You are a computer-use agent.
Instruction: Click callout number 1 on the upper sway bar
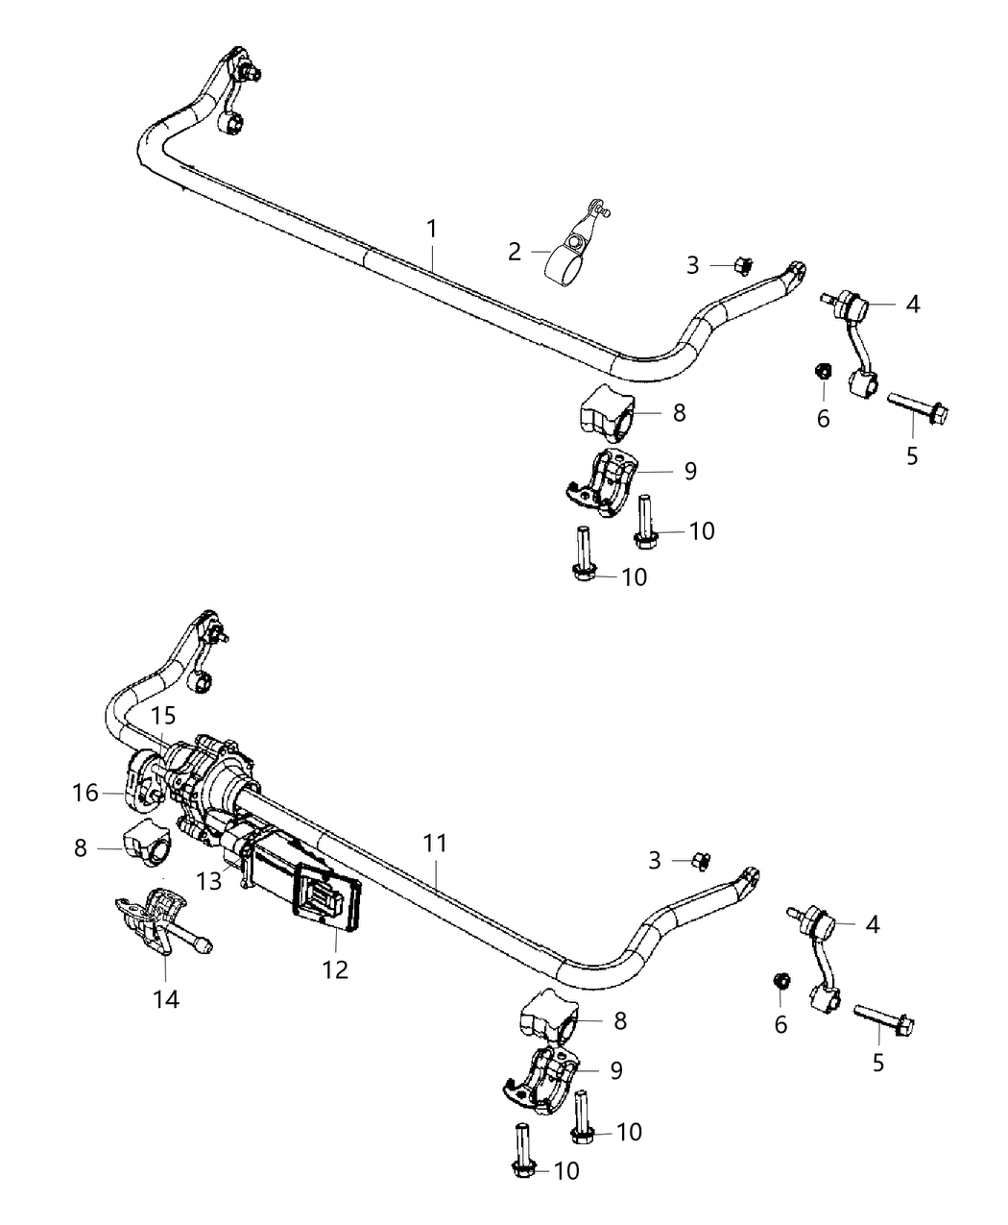pos(432,229)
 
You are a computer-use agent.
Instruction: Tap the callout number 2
pos(515,252)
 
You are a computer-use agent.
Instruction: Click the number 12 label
pos(335,970)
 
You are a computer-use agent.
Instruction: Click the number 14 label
pos(166,1000)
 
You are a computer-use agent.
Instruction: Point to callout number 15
pos(163,716)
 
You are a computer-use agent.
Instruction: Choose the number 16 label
pos(85,793)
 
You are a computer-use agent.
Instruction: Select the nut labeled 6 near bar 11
pos(781,981)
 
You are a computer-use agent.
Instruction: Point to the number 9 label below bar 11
pos(616,1070)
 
